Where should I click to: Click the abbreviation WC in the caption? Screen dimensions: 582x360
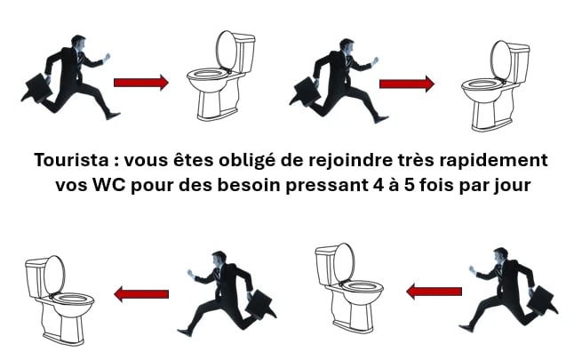111,185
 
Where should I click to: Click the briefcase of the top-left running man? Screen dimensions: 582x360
38,88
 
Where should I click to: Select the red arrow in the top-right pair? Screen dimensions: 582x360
407,84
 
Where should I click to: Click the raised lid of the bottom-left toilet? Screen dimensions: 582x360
55,274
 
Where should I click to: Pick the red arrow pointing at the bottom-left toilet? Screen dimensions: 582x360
141,294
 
